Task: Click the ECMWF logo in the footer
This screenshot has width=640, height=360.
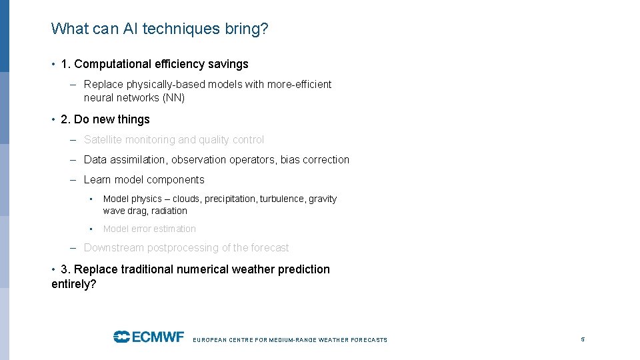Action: [148, 337]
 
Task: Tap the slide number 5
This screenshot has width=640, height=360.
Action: [583, 339]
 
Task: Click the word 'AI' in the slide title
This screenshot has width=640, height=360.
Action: [129, 29]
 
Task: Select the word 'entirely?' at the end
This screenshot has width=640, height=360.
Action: [74, 284]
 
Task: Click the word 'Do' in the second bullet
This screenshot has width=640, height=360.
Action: [81, 119]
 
